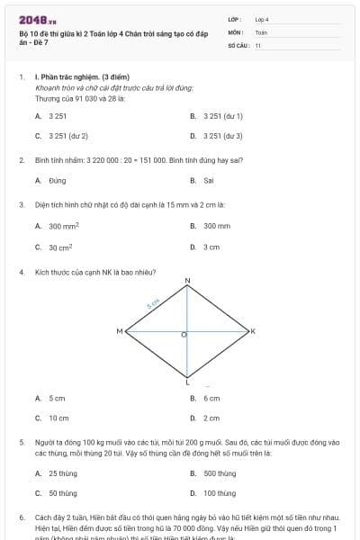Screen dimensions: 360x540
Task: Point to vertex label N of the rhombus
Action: (188, 282)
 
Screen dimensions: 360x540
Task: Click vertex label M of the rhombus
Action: (120, 332)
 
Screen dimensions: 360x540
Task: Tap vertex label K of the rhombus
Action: (253, 332)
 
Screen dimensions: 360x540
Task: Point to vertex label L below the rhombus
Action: (187, 382)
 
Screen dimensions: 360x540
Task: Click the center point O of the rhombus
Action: (185, 335)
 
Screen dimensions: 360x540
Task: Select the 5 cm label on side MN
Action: (153, 304)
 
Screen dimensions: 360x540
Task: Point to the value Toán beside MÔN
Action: (261, 31)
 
